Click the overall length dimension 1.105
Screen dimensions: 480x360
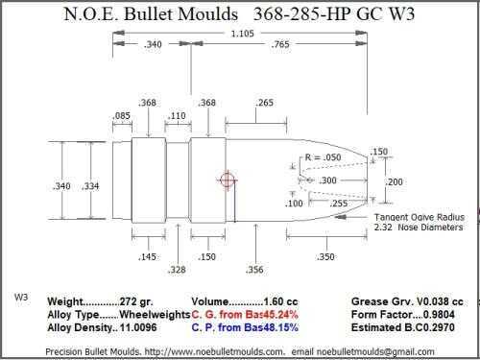pyautogui.click(x=242, y=34)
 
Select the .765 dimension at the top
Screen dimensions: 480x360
pyautogui.click(x=280, y=44)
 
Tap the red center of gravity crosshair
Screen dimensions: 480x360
pyautogui.click(x=228, y=180)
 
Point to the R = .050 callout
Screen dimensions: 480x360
pyautogui.click(x=323, y=157)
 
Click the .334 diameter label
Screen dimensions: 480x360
pyautogui.click(x=90, y=186)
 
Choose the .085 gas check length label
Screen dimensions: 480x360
pyautogui.click(x=122, y=115)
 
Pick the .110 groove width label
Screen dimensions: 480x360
pyautogui.click(x=177, y=115)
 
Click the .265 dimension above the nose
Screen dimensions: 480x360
pyautogui.click(x=265, y=103)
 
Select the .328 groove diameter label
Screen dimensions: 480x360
pyautogui.click(x=177, y=270)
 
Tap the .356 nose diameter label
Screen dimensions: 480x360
pyautogui.click(x=254, y=270)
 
